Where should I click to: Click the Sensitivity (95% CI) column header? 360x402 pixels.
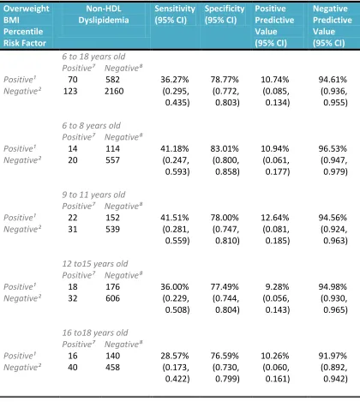pos(175,15)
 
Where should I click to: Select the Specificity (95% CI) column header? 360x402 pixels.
pos(225,15)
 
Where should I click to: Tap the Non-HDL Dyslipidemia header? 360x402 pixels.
pos(104,15)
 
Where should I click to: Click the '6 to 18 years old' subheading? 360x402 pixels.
pos(93,57)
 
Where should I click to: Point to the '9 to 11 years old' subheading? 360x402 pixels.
pos(93,195)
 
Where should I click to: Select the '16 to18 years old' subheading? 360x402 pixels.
pos(95,333)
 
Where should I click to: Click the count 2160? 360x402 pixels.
pos(114,92)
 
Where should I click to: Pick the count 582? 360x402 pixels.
pos(112,80)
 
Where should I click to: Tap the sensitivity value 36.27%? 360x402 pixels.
pos(175,80)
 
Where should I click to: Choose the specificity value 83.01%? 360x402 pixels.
pos(225,149)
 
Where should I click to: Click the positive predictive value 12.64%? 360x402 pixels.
pos(275,218)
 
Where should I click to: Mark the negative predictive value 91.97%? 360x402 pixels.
pos(333,356)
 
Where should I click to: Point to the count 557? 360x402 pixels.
pos(112,160)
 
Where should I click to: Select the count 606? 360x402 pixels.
pos(112,298)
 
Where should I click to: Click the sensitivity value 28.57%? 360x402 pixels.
pos(175,356)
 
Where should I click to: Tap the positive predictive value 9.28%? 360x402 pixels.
pos(277,287)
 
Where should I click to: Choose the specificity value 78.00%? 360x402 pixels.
pos(225,218)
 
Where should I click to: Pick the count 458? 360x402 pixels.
pos(112,368)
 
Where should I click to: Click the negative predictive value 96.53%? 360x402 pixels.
pos(333,149)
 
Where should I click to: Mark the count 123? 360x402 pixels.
pos(70,92)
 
